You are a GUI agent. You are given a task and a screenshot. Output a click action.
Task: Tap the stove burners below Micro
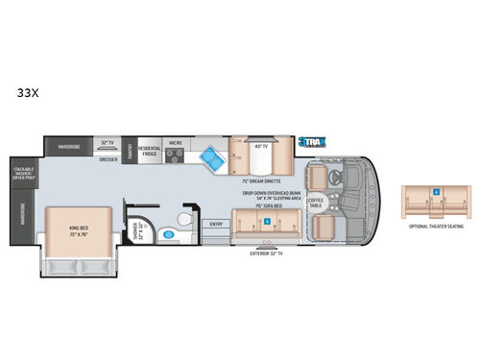pyautogui.click(x=177, y=156)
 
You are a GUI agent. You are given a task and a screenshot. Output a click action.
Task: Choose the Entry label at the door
pyautogui.click(x=217, y=224)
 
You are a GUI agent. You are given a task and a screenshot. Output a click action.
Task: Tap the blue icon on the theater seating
pyautogui.click(x=436, y=192)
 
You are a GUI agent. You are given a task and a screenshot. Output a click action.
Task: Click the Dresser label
pyautogui.click(x=108, y=158)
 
